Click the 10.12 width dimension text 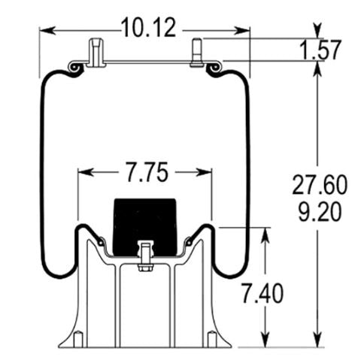(x=148, y=29)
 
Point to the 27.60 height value (x=320, y=183)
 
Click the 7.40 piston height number (x=264, y=294)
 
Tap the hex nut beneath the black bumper (x=145, y=265)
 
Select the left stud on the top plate (x=95, y=53)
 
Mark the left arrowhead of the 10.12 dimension (x=45, y=31)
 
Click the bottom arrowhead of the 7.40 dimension (x=265, y=342)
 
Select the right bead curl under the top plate (x=214, y=68)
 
